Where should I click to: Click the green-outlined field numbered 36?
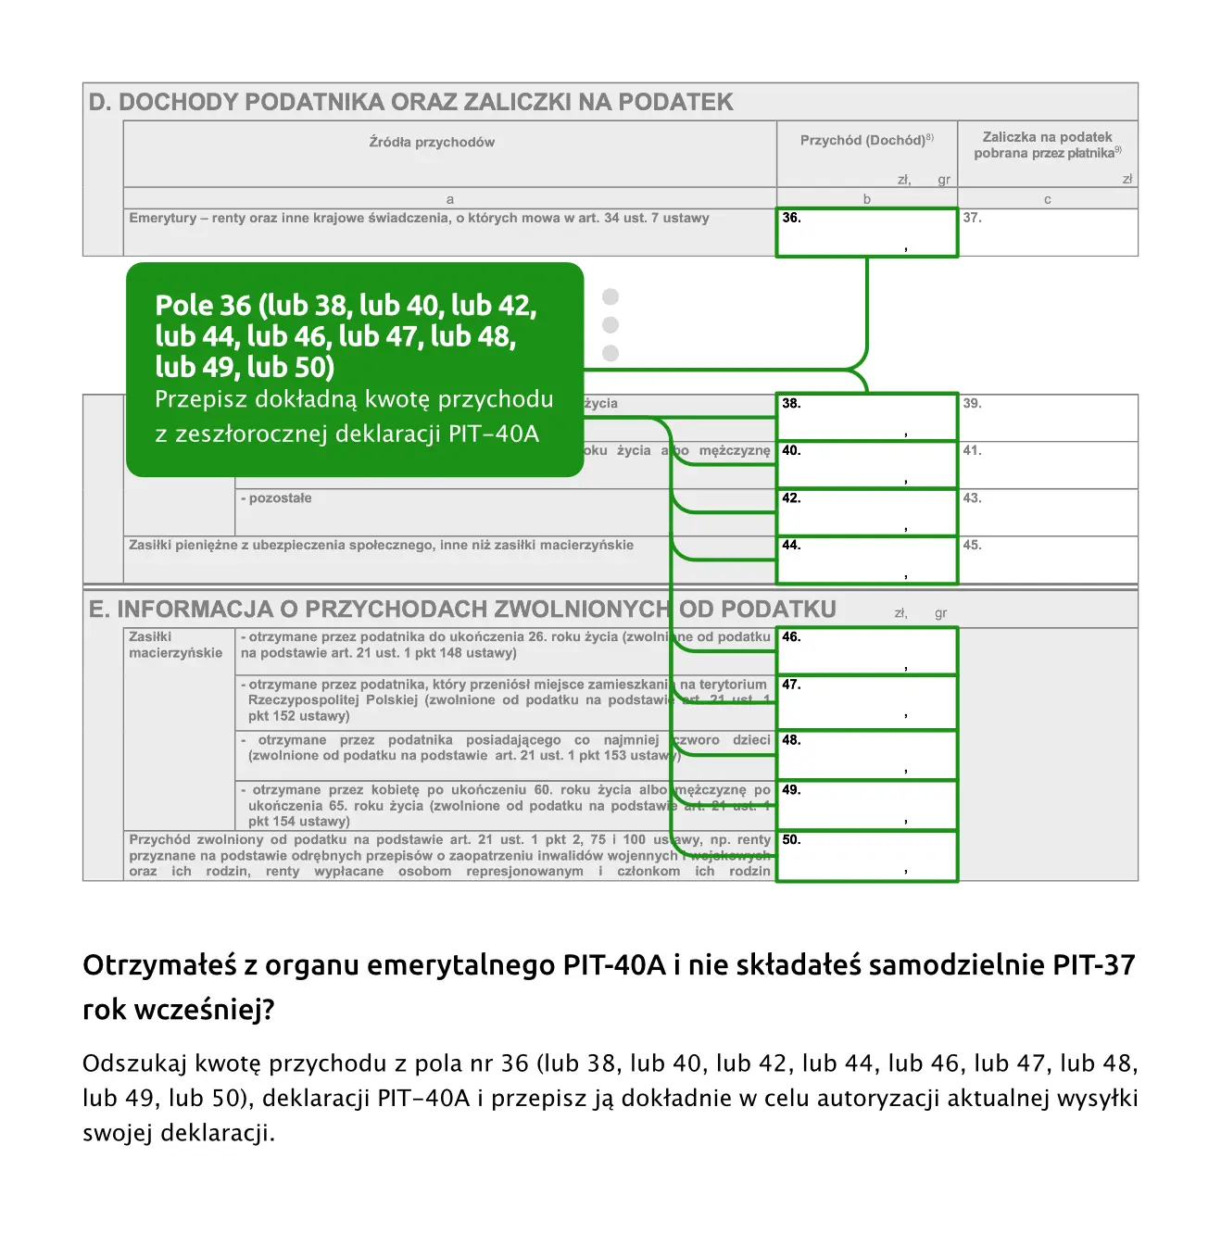866,233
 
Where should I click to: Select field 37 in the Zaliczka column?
1048,233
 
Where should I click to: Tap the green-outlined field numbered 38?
866,417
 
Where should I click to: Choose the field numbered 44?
866,560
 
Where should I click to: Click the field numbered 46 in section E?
866,651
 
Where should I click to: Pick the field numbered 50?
866,856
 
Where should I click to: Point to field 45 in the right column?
1048,560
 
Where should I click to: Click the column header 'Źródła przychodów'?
432,143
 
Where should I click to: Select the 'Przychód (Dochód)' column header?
866,140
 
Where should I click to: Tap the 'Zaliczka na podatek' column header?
1048,137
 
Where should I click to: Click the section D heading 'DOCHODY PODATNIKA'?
410,102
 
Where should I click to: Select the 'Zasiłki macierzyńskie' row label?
175,645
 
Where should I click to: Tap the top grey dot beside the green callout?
610,296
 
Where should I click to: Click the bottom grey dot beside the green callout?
610,353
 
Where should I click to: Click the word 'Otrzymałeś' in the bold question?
157,965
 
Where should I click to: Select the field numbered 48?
866,755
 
